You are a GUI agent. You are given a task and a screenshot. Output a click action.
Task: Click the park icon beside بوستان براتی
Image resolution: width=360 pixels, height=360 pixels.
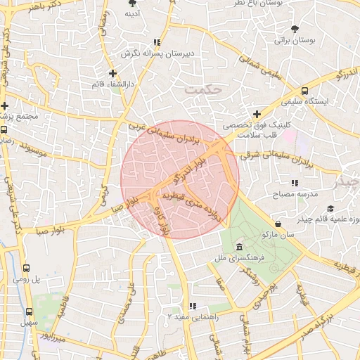point(295,29)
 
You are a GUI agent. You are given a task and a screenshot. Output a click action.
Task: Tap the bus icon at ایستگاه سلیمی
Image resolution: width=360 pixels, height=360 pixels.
point(304,90)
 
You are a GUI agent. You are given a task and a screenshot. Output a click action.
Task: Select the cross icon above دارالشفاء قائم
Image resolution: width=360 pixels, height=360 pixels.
point(112,72)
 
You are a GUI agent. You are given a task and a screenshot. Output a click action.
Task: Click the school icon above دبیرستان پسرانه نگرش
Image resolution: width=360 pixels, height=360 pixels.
point(156,41)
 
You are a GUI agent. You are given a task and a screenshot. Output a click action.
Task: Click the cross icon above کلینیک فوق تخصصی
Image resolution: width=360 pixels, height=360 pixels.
point(257,113)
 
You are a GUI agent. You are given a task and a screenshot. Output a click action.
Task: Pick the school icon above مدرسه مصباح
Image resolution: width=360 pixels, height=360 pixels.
point(295,183)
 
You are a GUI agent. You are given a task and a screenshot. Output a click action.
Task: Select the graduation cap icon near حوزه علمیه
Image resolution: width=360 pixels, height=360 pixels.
point(330,208)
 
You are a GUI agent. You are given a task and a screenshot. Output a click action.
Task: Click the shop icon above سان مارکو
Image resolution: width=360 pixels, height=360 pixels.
point(279,224)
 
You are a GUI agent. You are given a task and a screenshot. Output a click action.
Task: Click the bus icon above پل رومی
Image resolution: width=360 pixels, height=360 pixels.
point(27,268)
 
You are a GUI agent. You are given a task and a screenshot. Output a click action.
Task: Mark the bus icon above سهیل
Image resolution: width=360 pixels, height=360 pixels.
point(30,311)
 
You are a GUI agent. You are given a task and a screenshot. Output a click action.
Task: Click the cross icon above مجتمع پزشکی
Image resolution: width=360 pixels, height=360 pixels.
point(5,105)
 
